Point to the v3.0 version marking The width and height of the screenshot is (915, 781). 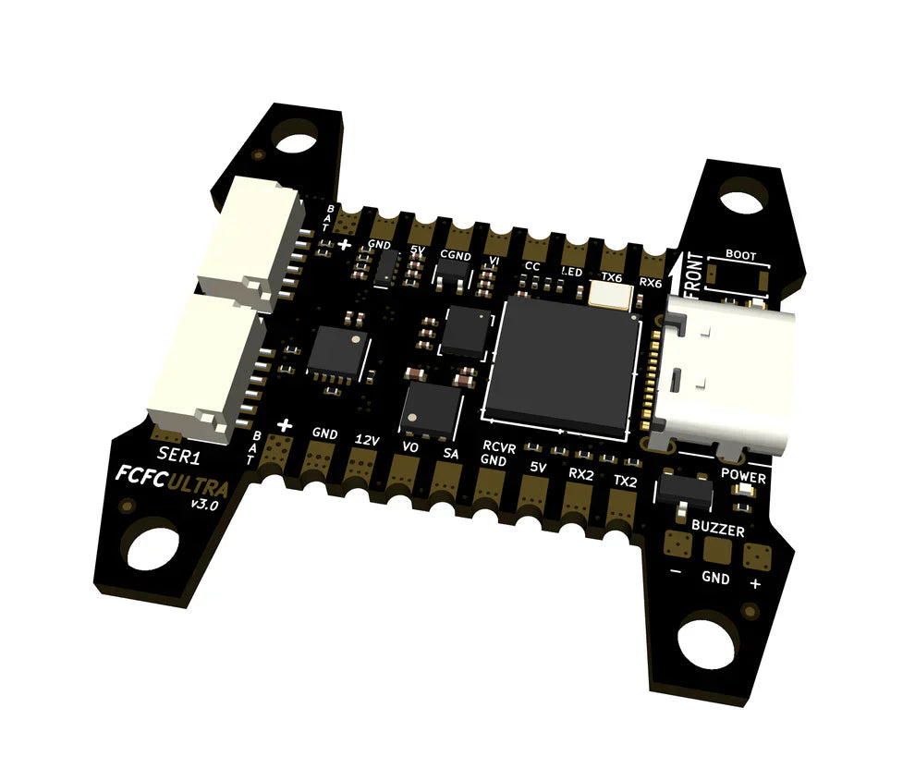click(x=203, y=505)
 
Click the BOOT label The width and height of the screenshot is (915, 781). click(x=740, y=254)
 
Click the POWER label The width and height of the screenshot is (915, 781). click(x=744, y=478)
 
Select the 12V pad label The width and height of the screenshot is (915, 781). click(x=368, y=441)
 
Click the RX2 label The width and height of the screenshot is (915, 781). click(x=580, y=473)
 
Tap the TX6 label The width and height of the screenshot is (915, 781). click(x=611, y=275)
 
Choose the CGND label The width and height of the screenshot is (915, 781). click(x=456, y=254)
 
